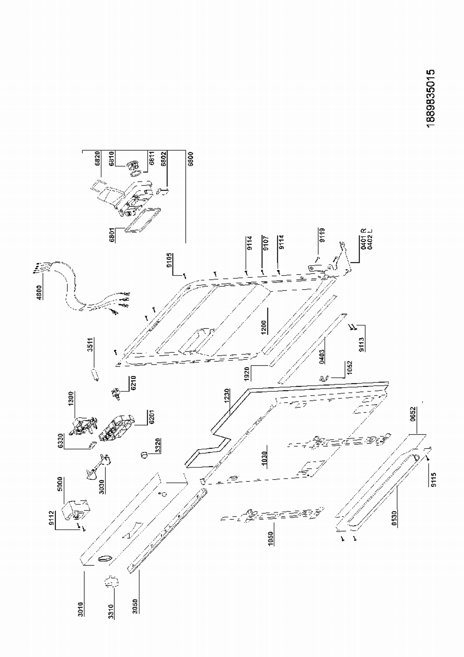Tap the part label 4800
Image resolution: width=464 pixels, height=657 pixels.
[39, 292]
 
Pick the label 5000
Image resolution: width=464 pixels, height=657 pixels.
[60, 484]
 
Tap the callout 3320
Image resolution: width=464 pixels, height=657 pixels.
[158, 445]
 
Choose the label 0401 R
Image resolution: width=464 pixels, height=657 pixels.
[364, 238]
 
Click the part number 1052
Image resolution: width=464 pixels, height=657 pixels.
[350, 368]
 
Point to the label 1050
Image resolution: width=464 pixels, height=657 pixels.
[271, 538]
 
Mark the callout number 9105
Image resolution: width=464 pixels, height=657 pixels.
[170, 260]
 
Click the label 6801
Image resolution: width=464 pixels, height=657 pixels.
[112, 235]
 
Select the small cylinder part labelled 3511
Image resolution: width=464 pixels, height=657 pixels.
[95, 374]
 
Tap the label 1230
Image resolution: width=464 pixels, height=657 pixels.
[227, 396]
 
